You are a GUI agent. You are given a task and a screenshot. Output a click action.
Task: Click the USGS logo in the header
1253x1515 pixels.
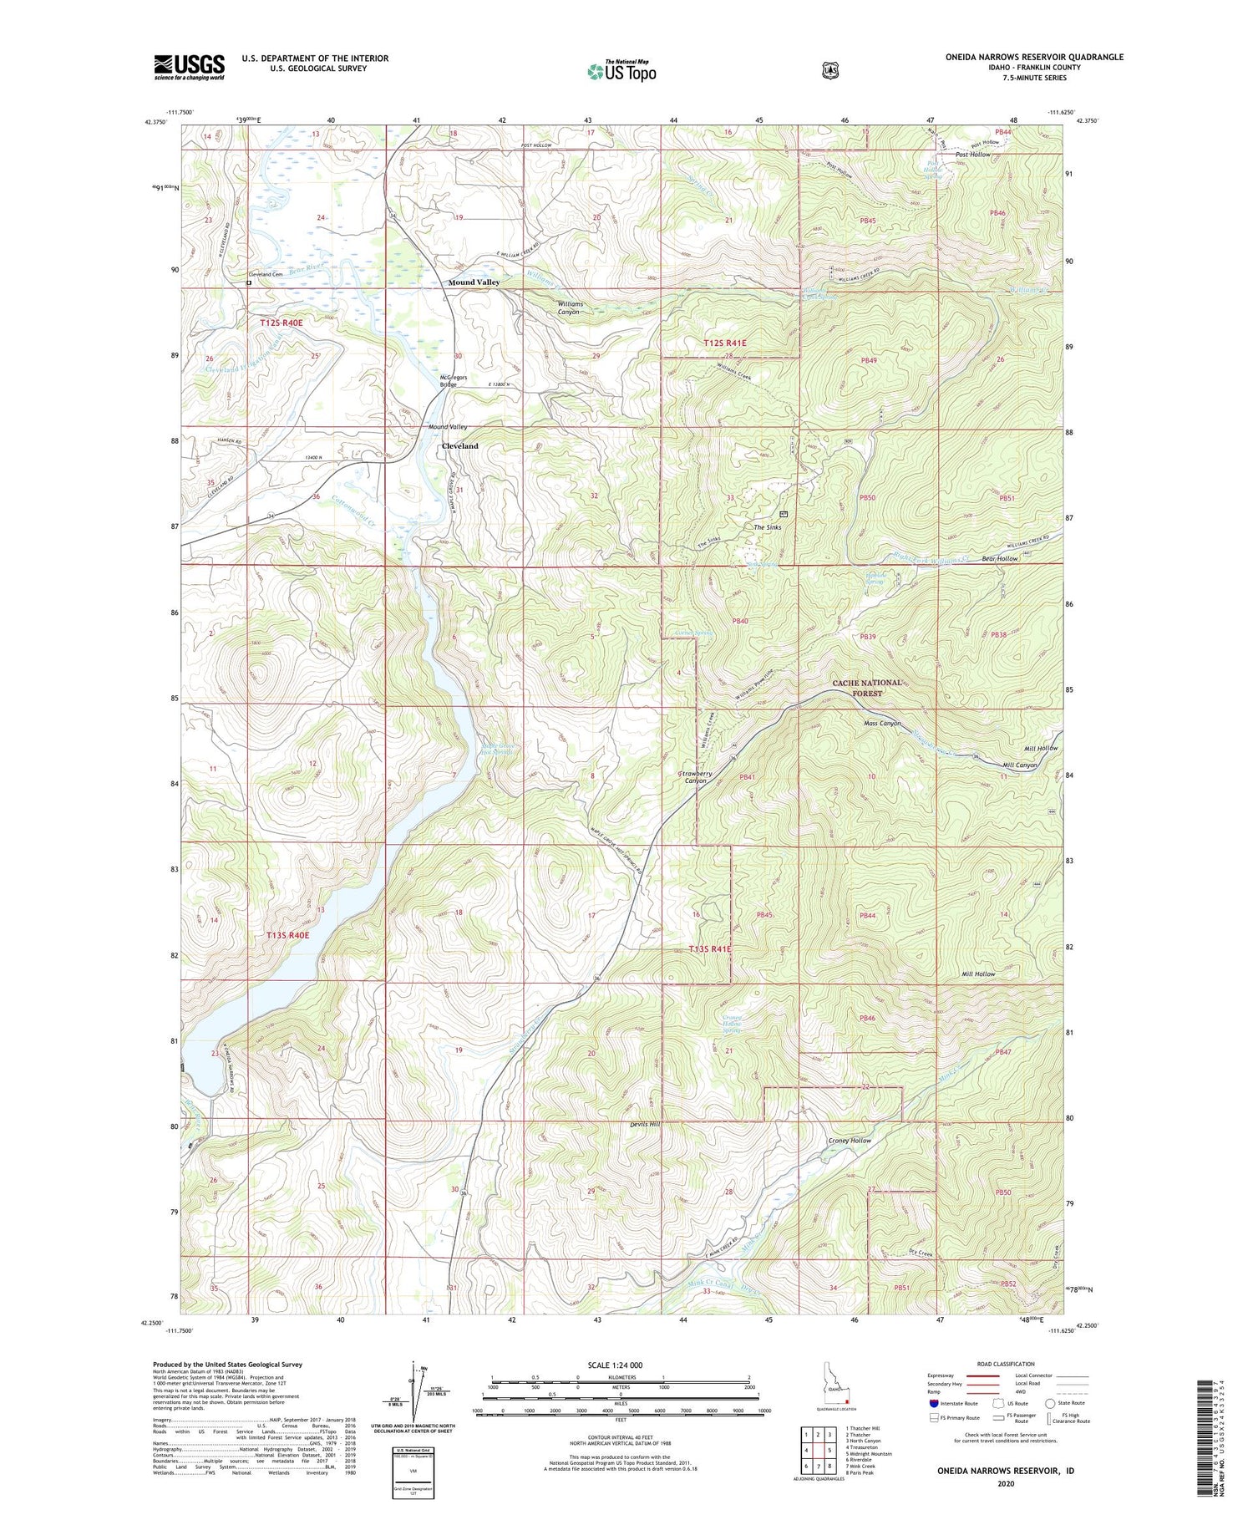click(x=189, y=67)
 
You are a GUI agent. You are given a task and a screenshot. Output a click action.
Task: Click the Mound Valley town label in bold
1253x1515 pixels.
click(x=474, y=282)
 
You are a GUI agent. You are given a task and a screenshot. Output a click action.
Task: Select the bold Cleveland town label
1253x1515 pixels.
click(x=459, y=446)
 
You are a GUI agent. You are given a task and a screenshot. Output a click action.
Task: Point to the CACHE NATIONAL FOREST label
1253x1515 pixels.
click(x=867, y=688)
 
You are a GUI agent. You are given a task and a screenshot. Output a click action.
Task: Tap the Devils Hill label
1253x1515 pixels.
click(x=645, y=1125)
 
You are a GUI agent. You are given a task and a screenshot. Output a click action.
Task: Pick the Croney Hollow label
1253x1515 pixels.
click(x=850, y=1141)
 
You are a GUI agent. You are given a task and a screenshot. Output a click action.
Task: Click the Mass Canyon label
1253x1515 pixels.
click(x=882, y=724)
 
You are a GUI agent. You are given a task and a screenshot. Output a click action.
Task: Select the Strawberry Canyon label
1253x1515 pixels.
click(x=690, y=777)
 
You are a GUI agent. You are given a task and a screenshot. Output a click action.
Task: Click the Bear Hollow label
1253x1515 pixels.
click(x=999, y=558)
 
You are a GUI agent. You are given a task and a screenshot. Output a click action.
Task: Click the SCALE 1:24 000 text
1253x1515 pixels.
click(x=615, y=1365)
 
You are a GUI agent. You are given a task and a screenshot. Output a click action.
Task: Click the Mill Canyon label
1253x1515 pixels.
click(x=1019, y=765)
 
